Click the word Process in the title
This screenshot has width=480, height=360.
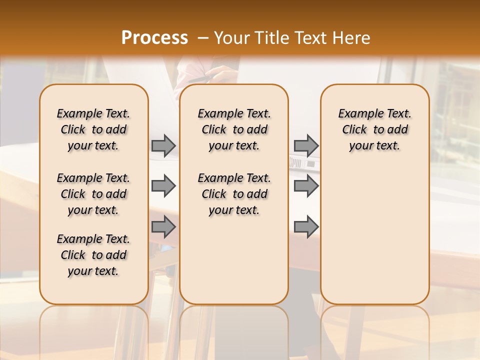(x=154, y=37)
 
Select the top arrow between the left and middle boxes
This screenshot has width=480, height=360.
(x=163, y=145)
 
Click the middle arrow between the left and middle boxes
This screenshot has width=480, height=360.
(x=163, y=186)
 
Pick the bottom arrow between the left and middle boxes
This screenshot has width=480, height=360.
(x=163, y=227)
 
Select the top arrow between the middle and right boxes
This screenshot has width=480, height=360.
(x=306, y=145)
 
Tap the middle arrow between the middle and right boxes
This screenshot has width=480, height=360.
(x=306, y=186)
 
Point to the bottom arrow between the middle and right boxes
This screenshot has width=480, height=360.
(x=306, y=227)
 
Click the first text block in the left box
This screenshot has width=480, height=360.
(x=93, y=129)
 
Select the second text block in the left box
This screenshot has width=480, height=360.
(x=93, y=194)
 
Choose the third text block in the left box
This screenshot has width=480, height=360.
(x=93, y=255)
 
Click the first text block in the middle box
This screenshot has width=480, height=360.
(x=234, y=129)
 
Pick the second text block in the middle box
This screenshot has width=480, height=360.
(x=234, y=194)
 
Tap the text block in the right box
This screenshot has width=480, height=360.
(x=375, y=129)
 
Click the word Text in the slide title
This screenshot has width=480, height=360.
(x=312, y=37)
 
